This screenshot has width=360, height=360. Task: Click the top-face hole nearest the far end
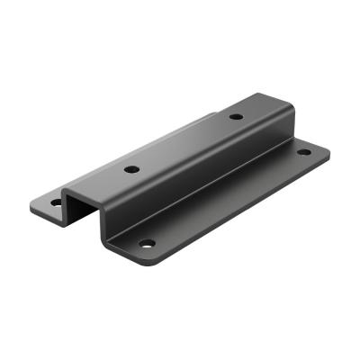point(236,116)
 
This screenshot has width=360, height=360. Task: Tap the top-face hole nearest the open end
point(131,168)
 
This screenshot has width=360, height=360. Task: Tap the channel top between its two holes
point(184,142)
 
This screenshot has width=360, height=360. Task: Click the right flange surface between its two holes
point(225,198)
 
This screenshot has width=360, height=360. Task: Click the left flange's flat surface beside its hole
point(45,199)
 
